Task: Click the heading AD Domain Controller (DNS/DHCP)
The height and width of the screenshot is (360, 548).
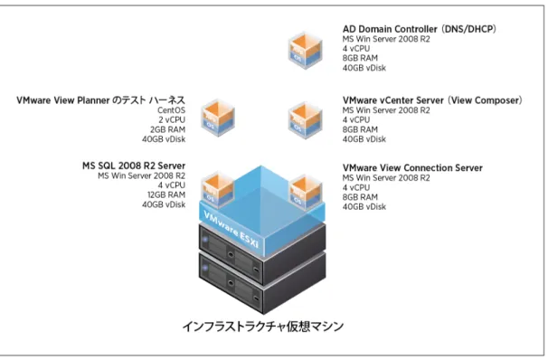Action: pyautogui.click(x=419, y=29)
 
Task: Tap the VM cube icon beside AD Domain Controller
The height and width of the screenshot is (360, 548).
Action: pyautogui.click(x=305, y=51)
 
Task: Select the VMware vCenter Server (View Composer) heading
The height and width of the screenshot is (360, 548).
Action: pyautogui.click(x=432, y=100)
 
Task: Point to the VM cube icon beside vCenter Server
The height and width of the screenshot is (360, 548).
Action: pyautogui.click(x=305, y=120)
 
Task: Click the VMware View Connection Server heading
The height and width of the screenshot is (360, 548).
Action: pyautogui.click(x=412, y=167)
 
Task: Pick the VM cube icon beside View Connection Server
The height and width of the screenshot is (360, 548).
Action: pyautogui.click(x=307, y=192)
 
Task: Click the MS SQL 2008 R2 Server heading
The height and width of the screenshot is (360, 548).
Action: pyautogui.click(x=134, y=166)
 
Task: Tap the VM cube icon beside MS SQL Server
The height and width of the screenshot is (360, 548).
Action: pyautogui.click(x=218, y=188)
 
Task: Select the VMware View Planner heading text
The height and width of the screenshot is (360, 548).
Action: pyautogui.click(x=100, y=100)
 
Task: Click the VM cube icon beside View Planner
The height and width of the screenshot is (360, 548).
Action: pyautogui.click(x=218, y=118)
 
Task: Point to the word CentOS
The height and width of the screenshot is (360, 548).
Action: pyautogui.click(x=171, y=110)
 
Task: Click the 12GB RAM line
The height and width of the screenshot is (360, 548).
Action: pyautogui.click(x=166, y=194)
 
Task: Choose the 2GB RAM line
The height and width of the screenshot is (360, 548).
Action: pyautogui.click(x=168, y=129)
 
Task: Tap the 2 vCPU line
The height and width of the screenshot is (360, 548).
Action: pyautogui.click(x=172, y=120)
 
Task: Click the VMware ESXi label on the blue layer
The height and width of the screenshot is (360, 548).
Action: pyautogui.click(x=231, y=229)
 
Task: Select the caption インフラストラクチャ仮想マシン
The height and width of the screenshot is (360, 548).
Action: pyautogui.click(x=263, y=327)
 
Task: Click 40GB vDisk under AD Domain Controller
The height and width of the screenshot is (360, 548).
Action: pyautogui.click(x=364, y=68)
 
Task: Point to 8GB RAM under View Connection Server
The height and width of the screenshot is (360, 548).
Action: pyautogui.click(x=360, y=197)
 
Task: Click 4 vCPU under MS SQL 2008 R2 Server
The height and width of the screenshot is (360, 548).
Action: pyautogui.click(x=172, y=185)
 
